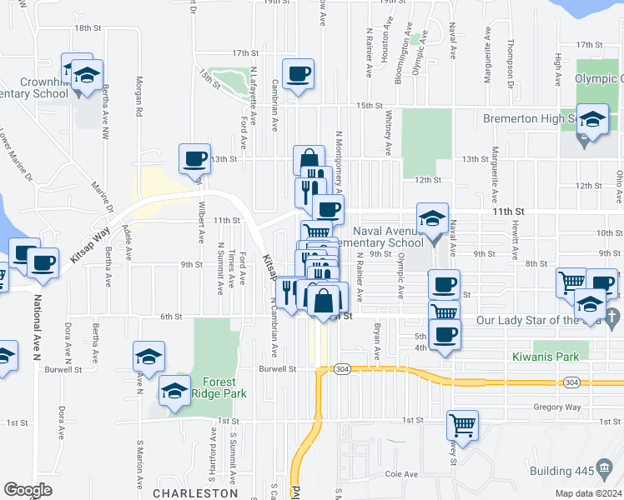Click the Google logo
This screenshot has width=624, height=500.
(28, 490)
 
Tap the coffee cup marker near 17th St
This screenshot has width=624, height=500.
(299, 75)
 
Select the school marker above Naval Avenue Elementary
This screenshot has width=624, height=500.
(433, 220)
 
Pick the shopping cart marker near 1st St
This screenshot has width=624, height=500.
(463, 426)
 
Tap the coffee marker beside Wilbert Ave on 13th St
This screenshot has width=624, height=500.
(195, 158)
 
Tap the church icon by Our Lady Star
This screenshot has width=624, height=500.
(613, 317)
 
